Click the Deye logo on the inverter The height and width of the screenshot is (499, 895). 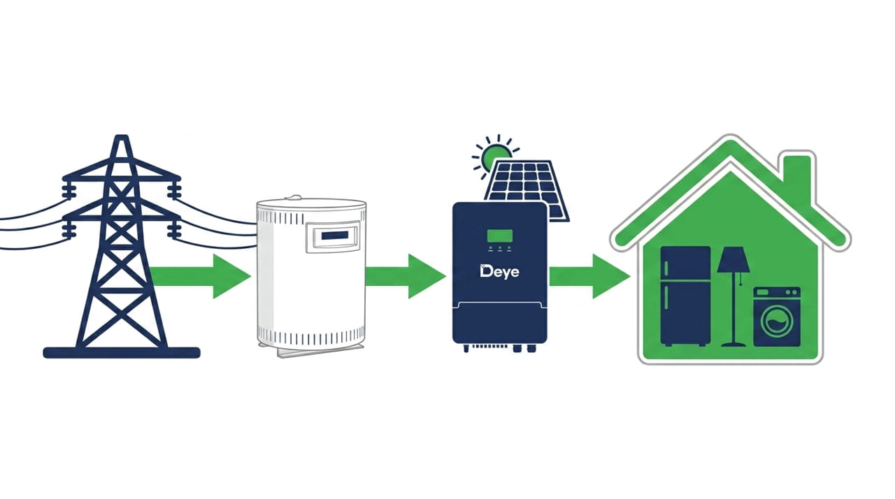click(499, 271)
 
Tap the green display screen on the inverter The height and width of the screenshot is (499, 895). click(499, 236)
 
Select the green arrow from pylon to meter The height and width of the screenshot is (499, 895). click(200, 276)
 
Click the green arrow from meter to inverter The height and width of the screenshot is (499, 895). click(406, 276)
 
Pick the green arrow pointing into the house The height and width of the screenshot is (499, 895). click(589, 276)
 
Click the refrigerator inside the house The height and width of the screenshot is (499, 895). click(685, 296)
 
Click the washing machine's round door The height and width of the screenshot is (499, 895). click(777, 321)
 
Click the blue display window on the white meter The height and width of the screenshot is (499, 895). click(334, 236)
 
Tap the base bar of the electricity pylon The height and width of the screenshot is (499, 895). click(122, 352)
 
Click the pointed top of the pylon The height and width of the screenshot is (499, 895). click(122, 136)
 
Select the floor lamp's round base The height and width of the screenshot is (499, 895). click(733, 344)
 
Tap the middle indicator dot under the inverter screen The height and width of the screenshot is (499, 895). click(500, 248)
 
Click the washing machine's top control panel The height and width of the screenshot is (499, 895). click(777, 292)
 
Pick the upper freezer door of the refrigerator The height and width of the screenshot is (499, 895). click(685, 263)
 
